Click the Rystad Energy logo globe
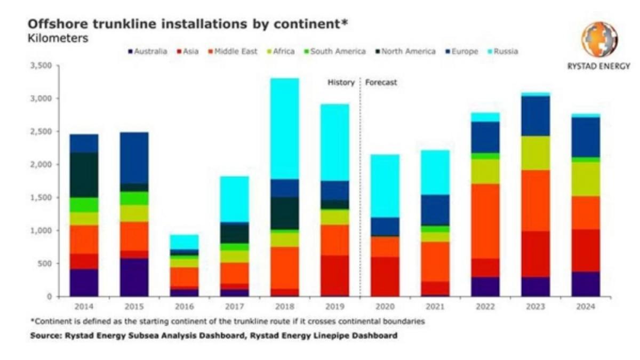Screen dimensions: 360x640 (x=599, y=39)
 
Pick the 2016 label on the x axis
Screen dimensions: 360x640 (x=184, y=307)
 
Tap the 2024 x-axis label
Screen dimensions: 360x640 (x=585, y=307)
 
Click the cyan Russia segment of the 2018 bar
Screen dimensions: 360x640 (x=285, y=129)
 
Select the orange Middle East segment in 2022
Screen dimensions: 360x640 (x=485, y=221)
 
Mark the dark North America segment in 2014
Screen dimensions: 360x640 (x=84, y=175)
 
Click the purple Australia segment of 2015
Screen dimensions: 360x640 (x=134, y=277)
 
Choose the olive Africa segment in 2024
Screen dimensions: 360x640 (x=585, y=179)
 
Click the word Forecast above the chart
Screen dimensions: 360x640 (x=381, y=83)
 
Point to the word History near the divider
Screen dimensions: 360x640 (x=340, y=83)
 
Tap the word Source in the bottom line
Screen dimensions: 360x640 (x=45, y=335)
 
